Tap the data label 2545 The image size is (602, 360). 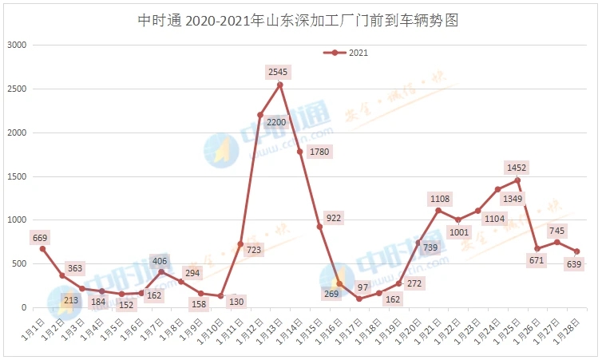point(279,72)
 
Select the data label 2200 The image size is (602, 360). point(276,122)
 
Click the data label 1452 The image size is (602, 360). point(517,167)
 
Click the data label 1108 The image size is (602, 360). point(440,198)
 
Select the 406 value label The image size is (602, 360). point(160,260)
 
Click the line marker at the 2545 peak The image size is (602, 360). point(279,85)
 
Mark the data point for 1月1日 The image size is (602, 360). point(42,249)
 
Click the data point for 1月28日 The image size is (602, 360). point(576,251)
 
